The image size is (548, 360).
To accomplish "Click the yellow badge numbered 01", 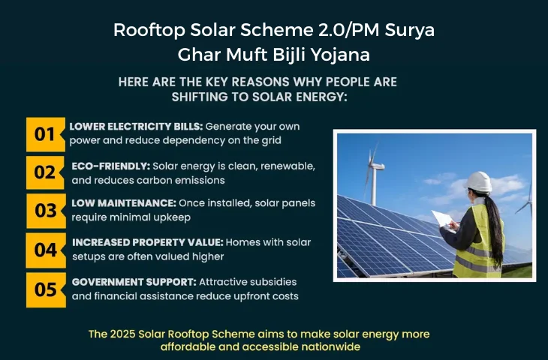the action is pos(46,134).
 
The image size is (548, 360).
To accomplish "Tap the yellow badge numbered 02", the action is pos(46,172).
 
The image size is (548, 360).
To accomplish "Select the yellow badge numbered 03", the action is pos(46,211).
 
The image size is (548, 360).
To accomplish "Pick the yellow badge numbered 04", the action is pos(46,250).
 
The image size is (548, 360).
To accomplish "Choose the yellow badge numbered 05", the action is pos(46,289).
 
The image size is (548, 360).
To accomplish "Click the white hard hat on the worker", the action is pos(479,181).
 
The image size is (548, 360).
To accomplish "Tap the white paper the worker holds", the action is pos(443,220).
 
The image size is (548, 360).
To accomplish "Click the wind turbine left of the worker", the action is pos(374,175).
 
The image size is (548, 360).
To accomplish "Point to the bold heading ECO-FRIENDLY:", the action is pos(111,166).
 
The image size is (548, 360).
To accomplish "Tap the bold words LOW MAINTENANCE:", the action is pos(124,203).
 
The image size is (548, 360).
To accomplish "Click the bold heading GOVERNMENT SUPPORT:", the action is pos(134,282).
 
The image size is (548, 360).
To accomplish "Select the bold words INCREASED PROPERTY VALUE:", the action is pos(147,242).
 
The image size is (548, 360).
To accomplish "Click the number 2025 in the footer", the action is pos(122,334).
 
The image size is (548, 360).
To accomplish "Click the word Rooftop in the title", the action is pos(149,31).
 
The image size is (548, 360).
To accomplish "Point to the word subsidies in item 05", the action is pos(274,282).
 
